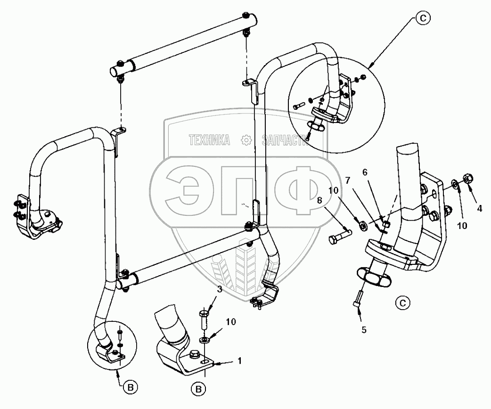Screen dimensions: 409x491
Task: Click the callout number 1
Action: click(239, 361)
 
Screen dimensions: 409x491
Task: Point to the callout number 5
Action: click(364, 329)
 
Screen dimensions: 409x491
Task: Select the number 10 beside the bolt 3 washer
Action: click(230, 321)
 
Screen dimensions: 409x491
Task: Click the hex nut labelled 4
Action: click(469, 178)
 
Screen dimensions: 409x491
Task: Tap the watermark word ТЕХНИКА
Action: click(209, 140)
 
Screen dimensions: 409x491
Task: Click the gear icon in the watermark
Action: click(245, 140)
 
